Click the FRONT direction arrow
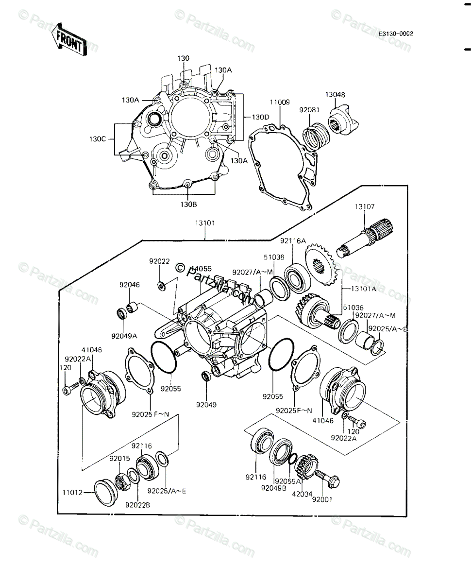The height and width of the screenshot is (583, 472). [68, 39]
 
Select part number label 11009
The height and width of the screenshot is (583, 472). [280, 103]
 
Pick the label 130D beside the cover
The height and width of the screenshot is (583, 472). [260, 117]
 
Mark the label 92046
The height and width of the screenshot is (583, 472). [131, 285]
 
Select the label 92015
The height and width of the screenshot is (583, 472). [118, 459]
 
